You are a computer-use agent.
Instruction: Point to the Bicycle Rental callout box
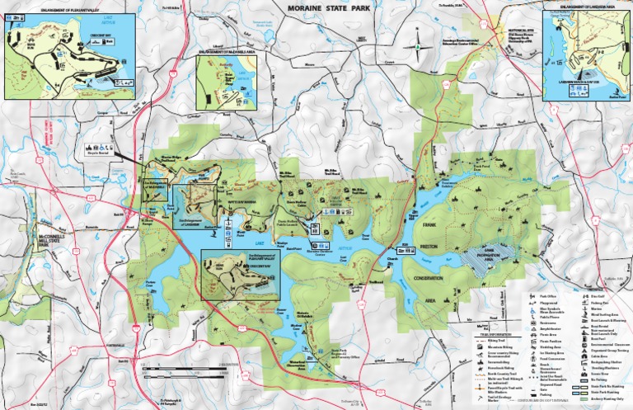point(96,151)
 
